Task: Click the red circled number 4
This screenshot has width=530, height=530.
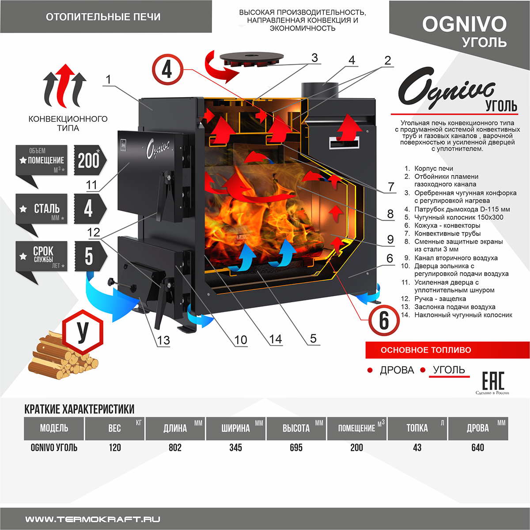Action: [x=167, y=69]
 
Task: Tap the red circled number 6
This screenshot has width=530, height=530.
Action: [x=384, y=320]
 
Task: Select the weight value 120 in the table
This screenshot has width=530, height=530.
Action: [x=115, y=447]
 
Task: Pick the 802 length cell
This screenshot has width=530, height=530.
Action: [x=175, y=447]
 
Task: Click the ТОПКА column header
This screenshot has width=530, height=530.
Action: [x=417, y=428]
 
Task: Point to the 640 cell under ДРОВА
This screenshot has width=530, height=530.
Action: [x=477, y=447]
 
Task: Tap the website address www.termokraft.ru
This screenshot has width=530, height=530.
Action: [x=93, y=519]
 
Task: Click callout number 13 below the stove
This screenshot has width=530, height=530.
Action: [x=163, y=340]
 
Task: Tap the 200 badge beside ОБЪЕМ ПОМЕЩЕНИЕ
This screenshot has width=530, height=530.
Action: [x=89, y=160]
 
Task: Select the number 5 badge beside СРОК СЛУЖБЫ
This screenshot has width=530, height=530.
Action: [x=89, y=256]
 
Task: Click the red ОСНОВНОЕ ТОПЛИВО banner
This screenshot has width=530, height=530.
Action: [x=447, y=350]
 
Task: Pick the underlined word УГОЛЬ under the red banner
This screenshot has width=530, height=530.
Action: [x=449, y=370]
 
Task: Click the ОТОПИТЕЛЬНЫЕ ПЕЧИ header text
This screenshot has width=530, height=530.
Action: [x=103, y=17]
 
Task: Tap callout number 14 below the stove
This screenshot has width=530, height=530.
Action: [x=276, y=339]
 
